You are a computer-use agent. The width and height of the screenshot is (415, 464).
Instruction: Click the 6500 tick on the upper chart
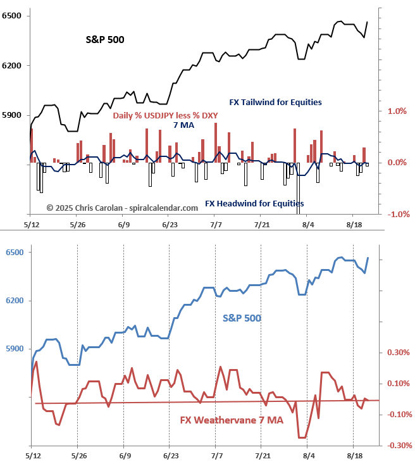click(13, 15)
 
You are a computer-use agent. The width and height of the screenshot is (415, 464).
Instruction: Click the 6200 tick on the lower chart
click(13, 301)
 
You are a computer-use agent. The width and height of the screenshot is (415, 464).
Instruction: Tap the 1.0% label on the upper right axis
click(396, 111)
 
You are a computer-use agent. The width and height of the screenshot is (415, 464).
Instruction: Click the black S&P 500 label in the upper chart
click(105, 40)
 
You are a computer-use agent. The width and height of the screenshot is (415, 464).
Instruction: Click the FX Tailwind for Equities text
click(275, 102)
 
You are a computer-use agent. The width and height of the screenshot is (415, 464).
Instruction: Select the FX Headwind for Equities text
click(254, 204)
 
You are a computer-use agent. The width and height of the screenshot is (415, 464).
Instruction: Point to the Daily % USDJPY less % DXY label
click(168, 115)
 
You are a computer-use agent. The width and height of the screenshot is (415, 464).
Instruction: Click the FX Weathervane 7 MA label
click(232, 420)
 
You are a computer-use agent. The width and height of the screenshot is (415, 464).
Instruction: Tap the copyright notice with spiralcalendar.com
click(113, 207)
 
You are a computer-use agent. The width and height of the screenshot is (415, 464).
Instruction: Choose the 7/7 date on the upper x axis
click(215, 225)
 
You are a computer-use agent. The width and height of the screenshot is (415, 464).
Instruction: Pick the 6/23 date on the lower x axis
click(169, 455)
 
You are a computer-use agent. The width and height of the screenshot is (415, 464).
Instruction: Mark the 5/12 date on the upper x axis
click(32, 225)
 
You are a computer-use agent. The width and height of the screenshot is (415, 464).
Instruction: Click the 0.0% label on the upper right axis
click(396, 163)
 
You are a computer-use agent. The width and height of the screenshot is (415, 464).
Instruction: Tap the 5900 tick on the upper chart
click(13, 115)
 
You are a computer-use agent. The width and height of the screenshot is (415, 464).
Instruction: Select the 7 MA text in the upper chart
click(184, 125)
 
